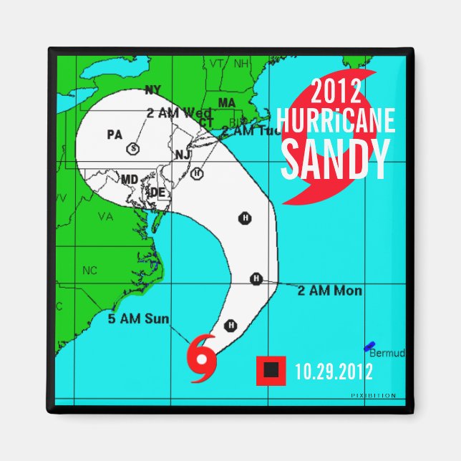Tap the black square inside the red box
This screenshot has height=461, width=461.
coord(271,369)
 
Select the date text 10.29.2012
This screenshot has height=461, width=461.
coord(334,371)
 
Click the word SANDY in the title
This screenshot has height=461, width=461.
coord(335,160)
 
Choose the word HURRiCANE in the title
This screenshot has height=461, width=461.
coord(336,121)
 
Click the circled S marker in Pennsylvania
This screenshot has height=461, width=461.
coord(132,148)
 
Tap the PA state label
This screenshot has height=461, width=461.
coord(115,134)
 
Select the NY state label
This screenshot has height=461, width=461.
coord(152,89)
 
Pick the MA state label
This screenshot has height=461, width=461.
coord(227,103)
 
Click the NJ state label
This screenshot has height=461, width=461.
coord(183,155)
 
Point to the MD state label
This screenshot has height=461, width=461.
coord(130,178)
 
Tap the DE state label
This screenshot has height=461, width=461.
coord(157,192)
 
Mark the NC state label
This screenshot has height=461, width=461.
coord(89,271)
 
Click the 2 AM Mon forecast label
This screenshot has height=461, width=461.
coord(329,291)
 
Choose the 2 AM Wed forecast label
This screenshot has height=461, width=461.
coord(178,113)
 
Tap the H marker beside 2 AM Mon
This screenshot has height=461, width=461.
coord(255,278)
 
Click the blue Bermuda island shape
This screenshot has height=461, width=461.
coord(369,346)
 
